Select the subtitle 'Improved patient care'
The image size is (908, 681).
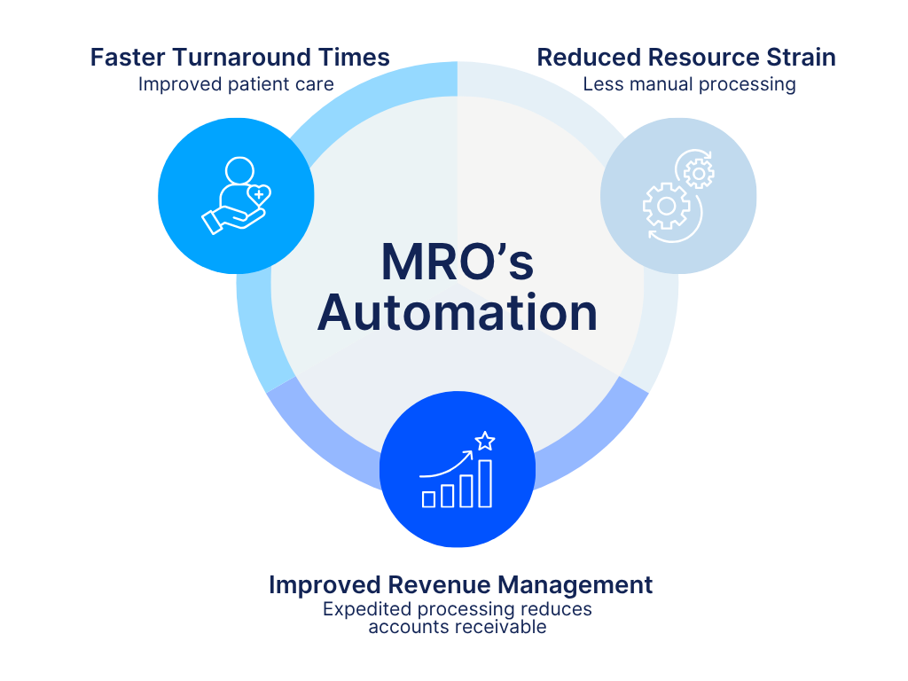pyautogui.click(x=235, y=84)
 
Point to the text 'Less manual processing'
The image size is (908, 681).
pyautogui.click(x=689, y=84)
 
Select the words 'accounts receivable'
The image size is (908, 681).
pyautogui.click(x=458, y=627)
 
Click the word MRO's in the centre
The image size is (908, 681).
pyautogui.click(x=458, y=263)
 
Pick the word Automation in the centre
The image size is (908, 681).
pyautogui.click(x=458, y=313)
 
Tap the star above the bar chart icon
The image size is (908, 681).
pyautogui.click(x=485, y=441)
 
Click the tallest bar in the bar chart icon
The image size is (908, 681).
pyautogui.click(x=485, y=483)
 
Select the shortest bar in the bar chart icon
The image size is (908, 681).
pyautogui.click(x=428, y=499)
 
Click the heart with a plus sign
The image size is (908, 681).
pyautogui.click(x=258, y=193)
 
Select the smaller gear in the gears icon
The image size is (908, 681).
pyautogui.click(x=699, y=174)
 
